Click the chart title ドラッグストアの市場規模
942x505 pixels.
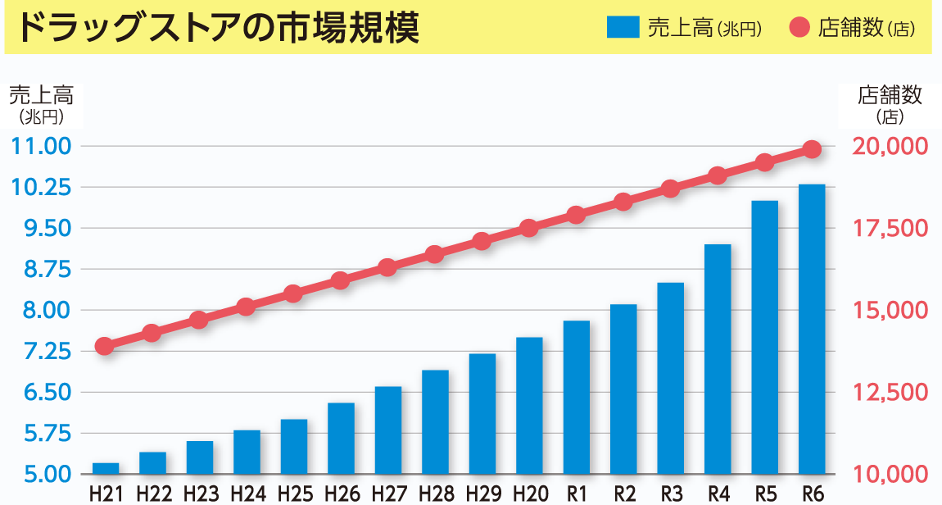coord(218,28)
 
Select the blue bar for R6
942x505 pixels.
coord(812,329)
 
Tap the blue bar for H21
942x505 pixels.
coord(106,469)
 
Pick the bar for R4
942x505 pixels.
coord(718,359)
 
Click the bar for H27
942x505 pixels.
coord(388,430)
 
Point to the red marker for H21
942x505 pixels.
coord(104,346)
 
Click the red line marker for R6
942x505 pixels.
coord(812,149)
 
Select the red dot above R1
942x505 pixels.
coord(576,215)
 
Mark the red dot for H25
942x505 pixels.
coord(293,293)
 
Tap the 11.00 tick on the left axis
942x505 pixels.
coord(43,147)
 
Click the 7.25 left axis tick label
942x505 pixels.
coord(43,352)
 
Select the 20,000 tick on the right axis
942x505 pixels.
coord(890,147)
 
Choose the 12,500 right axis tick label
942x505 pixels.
coord(890,393)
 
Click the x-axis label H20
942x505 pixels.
coord(530,494)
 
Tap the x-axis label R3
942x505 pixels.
coord(671,494)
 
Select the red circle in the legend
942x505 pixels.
coord(799,28)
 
